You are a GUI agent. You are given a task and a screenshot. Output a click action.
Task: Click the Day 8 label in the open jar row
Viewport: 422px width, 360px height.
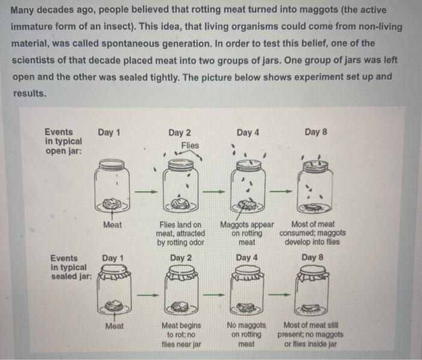(315, 132)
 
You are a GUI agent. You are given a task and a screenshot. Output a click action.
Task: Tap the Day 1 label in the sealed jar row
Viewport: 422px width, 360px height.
(112, 258)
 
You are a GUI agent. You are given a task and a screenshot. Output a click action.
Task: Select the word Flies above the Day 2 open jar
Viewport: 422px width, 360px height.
(189, 146)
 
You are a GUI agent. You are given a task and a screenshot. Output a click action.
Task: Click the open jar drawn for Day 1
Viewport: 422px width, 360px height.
(112, 186)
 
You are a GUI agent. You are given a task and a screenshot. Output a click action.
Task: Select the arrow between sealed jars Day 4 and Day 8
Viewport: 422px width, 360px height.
(280, 295)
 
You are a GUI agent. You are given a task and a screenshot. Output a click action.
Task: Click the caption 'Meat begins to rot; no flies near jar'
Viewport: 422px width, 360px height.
(181, 335)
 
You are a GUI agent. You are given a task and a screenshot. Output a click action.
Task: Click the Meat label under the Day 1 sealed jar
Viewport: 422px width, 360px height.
(114, 326)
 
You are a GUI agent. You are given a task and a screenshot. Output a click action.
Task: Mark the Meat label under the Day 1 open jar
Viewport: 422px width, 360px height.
(112, 225)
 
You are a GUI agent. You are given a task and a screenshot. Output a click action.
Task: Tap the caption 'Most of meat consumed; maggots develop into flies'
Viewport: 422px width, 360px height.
(312, 233)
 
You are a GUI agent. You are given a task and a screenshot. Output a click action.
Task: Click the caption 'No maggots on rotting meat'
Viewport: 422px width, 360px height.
(247, 335)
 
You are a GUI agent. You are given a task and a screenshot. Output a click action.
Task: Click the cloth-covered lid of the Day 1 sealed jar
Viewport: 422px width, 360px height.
(112, 276)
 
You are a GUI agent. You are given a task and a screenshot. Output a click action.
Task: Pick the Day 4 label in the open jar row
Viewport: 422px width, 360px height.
(247, 132)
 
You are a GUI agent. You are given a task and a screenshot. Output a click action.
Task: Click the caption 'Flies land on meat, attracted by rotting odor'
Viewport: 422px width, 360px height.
(181, 233)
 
